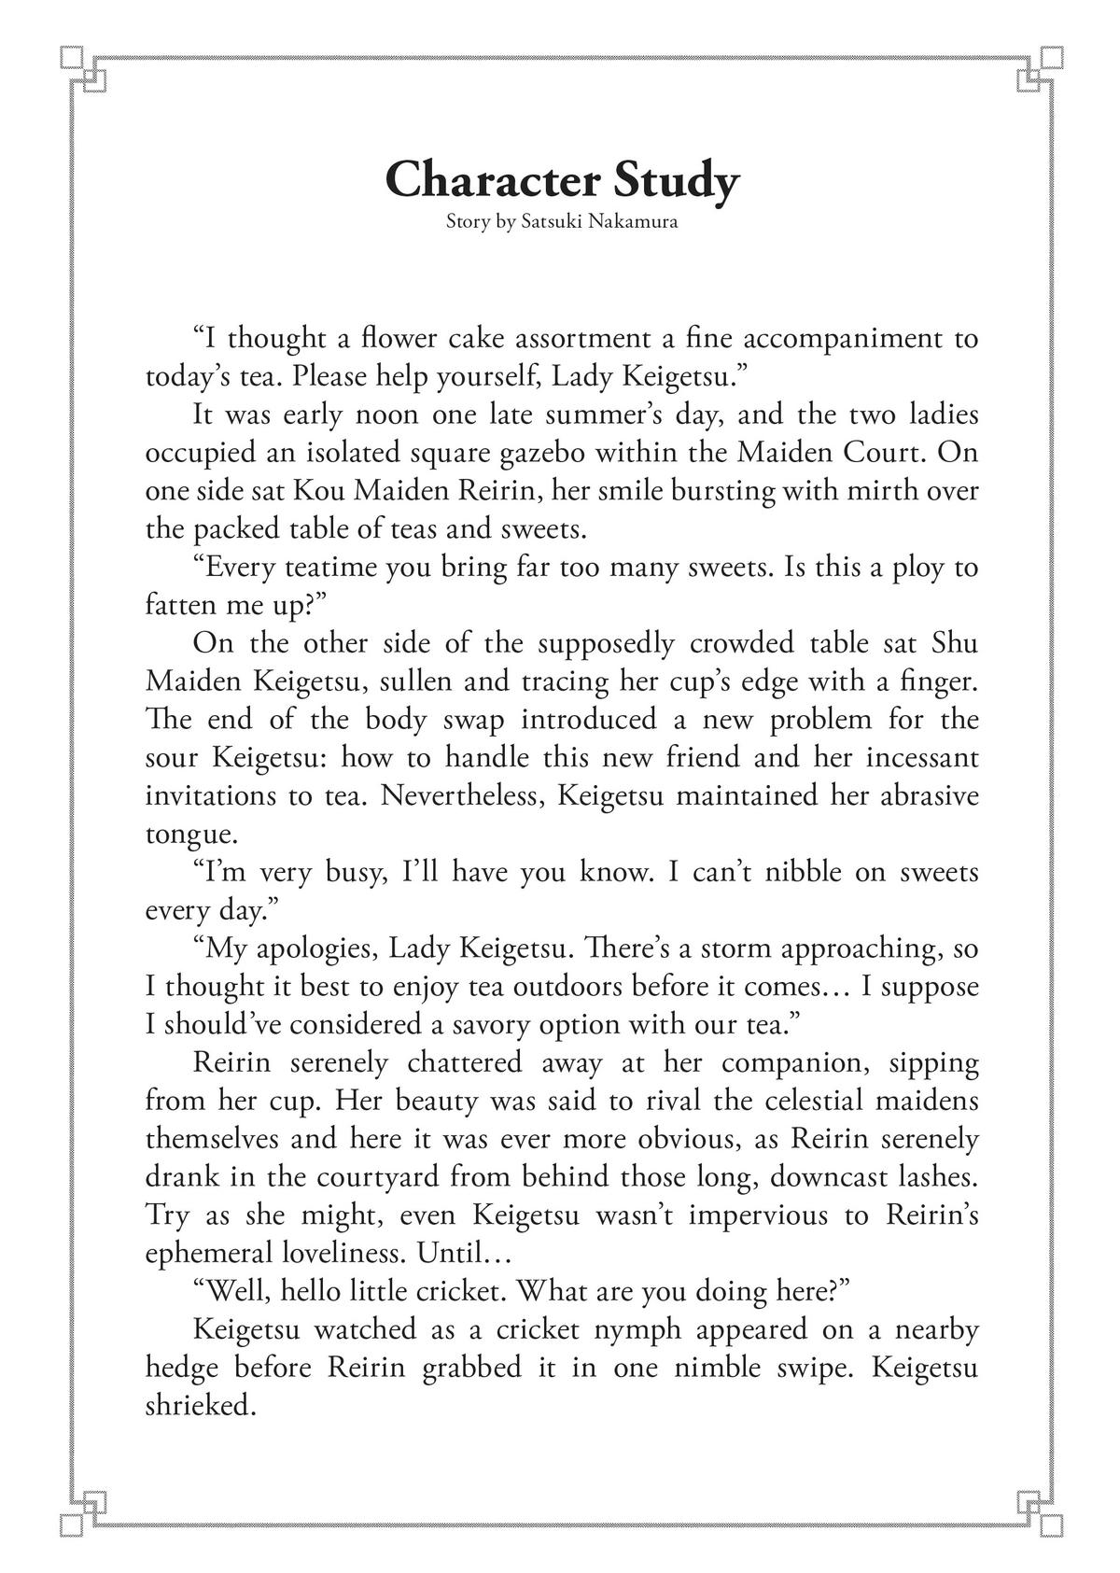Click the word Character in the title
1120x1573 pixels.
[492, 179]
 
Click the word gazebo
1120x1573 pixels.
[542, 453]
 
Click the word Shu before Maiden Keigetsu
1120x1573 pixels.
[955, 643]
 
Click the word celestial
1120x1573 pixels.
[813, 1102]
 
